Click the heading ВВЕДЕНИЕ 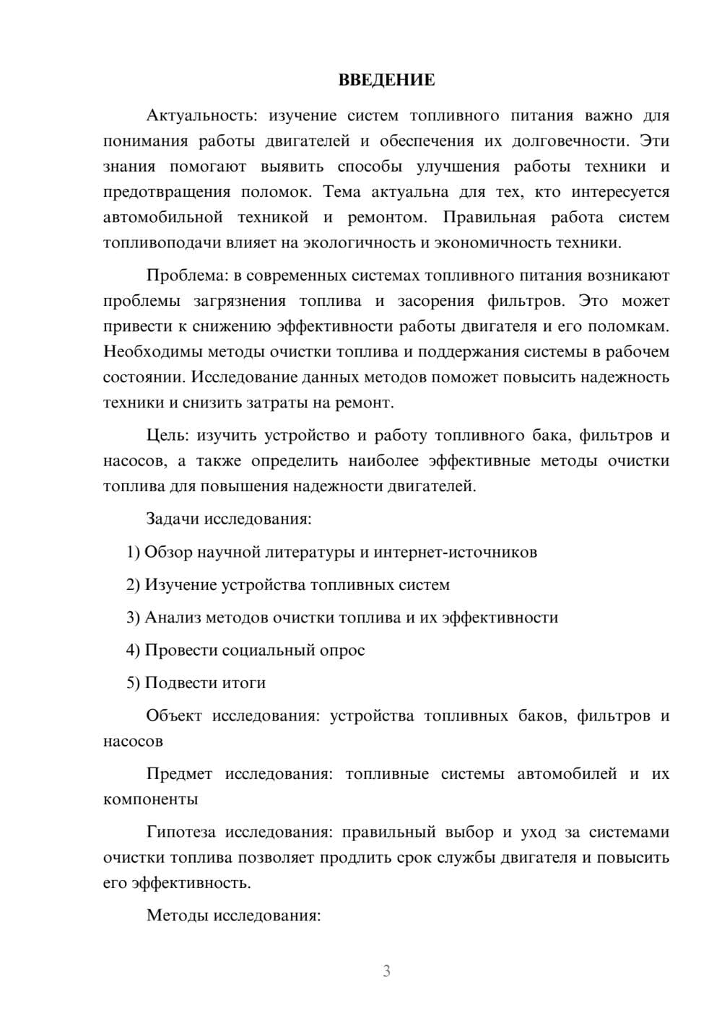click(386, 80)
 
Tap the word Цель click(166, 435)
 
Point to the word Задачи click(173, 519)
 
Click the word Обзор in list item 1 click(168, 552)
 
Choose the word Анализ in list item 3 click(173, 617)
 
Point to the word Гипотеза click(180, 832)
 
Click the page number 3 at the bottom click(386, 971)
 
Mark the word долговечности click(565, 141)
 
